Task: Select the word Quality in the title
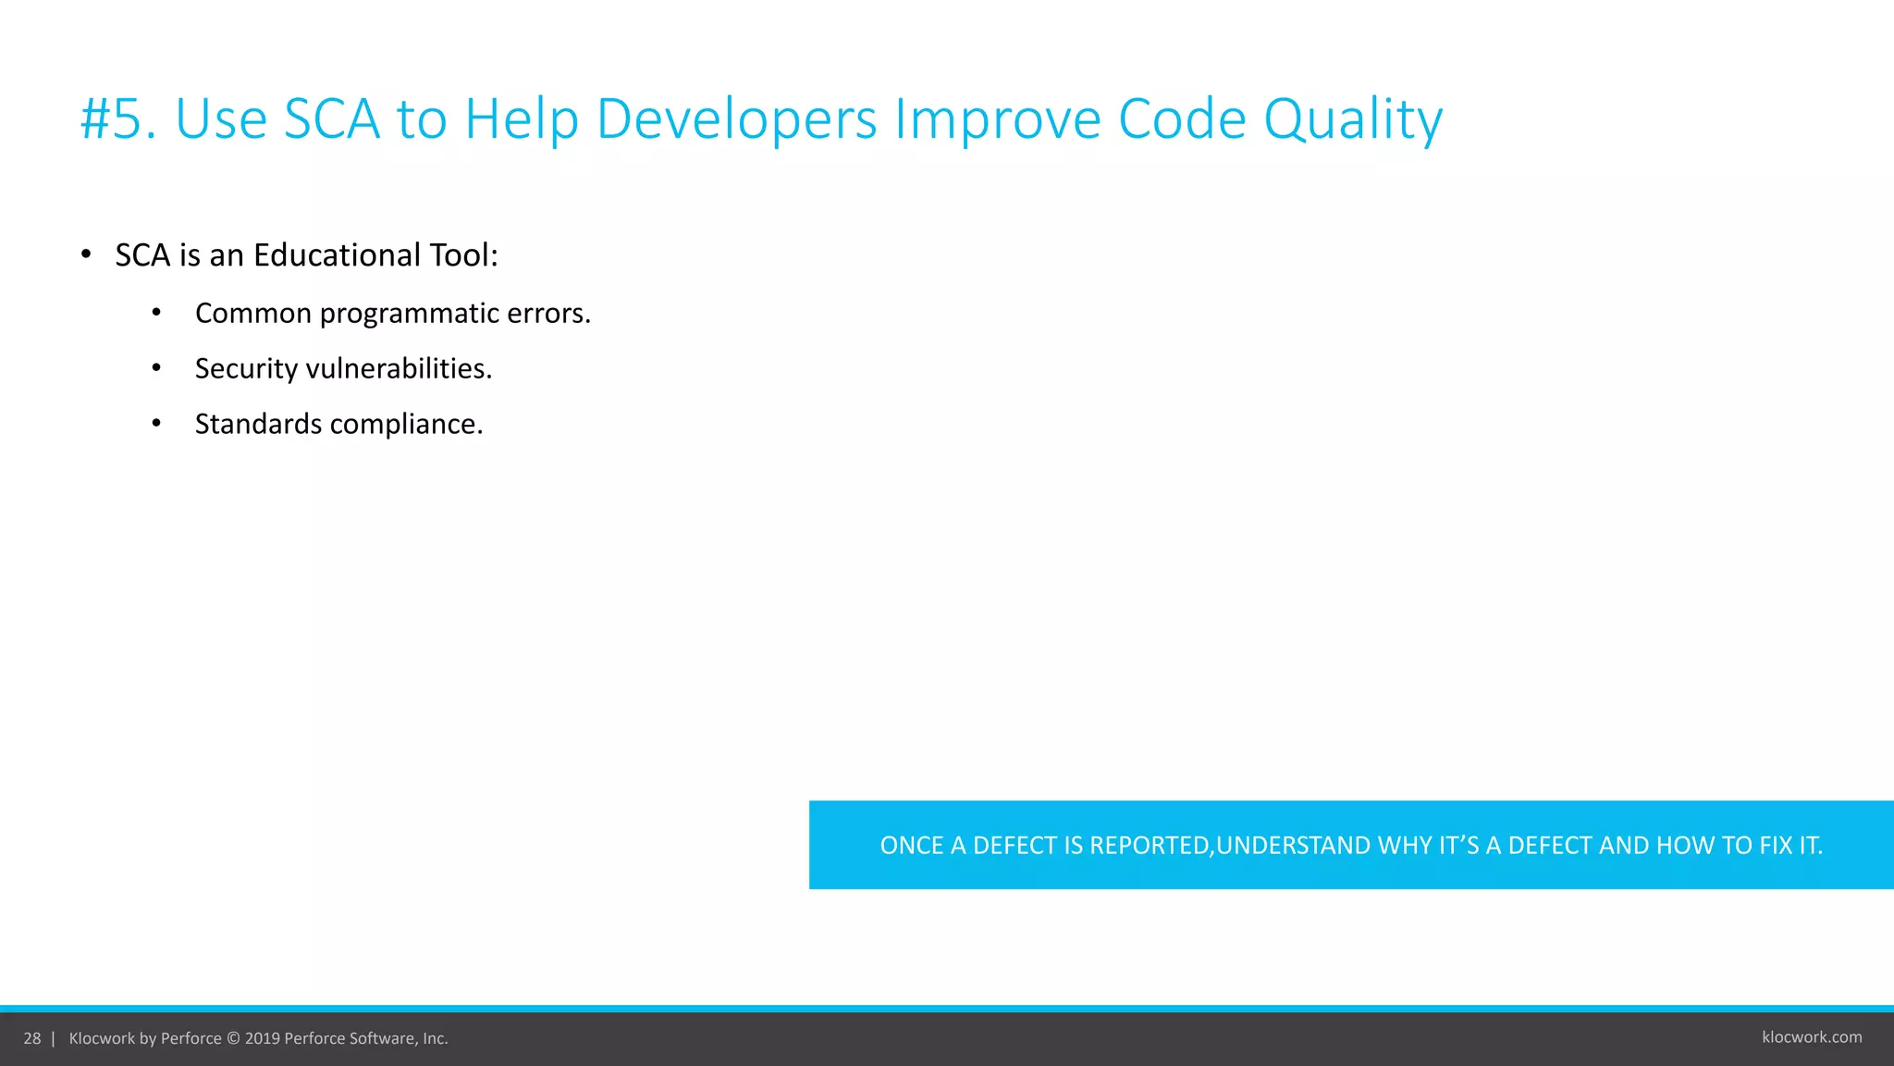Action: [x=1352, y=119]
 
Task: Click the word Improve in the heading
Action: [x=997, y=119]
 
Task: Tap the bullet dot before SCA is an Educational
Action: [x=86, y=254]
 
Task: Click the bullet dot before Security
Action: [x=156, y=368]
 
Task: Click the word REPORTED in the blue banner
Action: [x=1150, y=846]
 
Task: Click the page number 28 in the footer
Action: [x=32, y=1038]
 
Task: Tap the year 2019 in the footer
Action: [x=262, y=1038]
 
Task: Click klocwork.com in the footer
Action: [x=1812, y=1037]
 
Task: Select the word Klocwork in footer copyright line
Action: [x=102, y=1038]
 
